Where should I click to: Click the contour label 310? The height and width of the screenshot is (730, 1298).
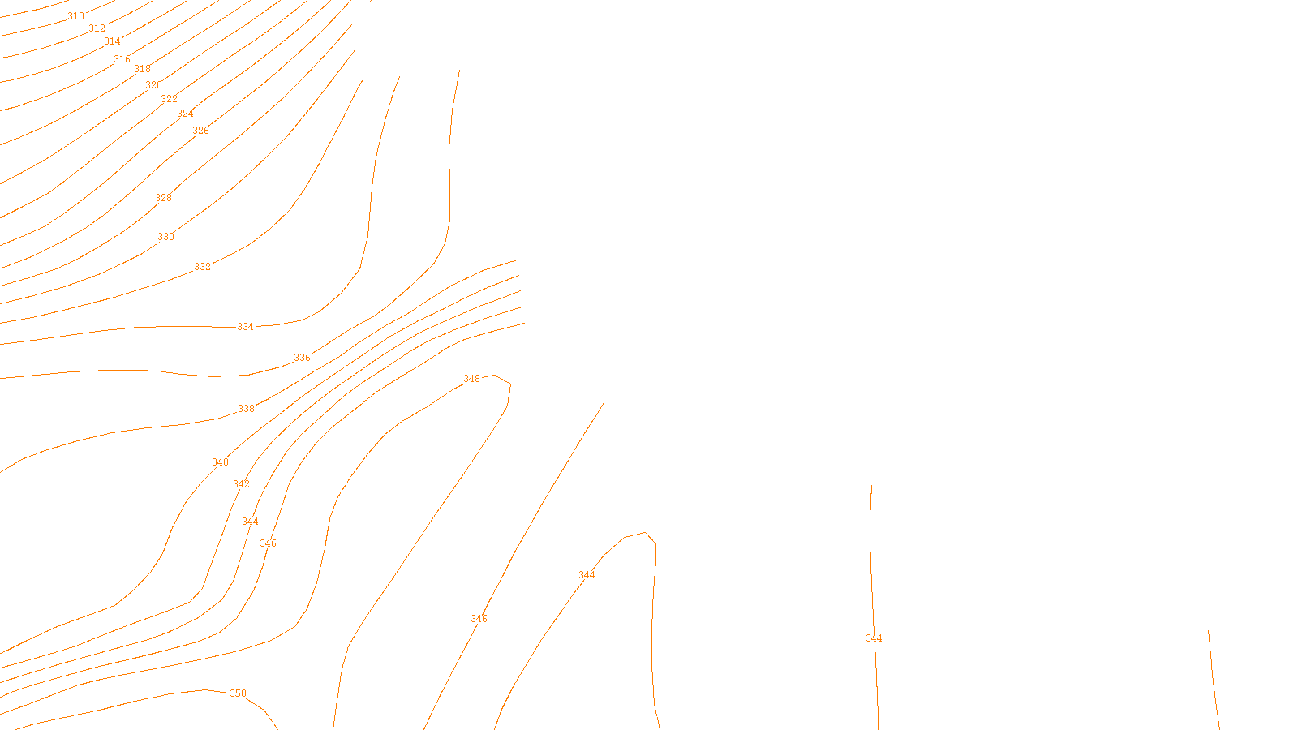click(75, 16)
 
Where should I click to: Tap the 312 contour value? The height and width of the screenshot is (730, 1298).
click(97, 28)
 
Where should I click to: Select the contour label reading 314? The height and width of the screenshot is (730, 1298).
click(112, 41)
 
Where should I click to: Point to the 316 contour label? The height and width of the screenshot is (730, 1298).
click(122, 59)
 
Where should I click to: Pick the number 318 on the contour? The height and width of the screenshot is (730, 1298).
click(142, 69)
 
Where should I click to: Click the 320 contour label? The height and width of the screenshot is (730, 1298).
click(153, 85)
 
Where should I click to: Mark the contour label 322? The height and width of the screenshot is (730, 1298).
click(169, 99)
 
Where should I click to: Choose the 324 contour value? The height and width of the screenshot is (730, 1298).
click(185, 114)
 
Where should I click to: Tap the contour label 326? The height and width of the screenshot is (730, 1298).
click(200, 131)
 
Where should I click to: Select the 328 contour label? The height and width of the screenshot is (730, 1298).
click(163, 198)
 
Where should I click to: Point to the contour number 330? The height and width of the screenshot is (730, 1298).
click(165, 237)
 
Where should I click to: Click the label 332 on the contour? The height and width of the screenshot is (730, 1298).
click(202, 267)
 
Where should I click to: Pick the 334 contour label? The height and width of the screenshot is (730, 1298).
click(245, 327)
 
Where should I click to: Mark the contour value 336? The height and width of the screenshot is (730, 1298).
click(302, 358)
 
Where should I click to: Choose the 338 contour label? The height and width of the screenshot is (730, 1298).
click(246, 409)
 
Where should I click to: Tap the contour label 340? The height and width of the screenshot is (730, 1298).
click(220, 462)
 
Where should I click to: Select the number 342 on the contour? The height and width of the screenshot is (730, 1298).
click(241, 484)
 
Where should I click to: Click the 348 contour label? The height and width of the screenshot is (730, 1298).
click(471, 379)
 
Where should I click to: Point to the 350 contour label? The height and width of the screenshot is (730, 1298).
click(238, 693)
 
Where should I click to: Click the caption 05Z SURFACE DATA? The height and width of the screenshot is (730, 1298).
click(651, 716)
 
